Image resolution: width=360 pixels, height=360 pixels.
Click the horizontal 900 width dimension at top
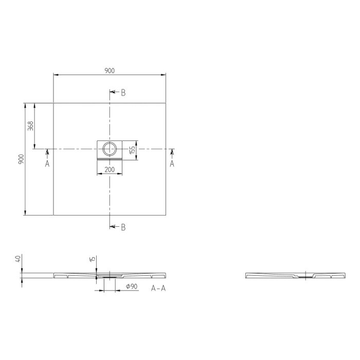coord(109,71)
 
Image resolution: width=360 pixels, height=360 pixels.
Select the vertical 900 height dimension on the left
coord(21,159)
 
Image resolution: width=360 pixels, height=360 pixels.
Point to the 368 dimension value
coord(30,126)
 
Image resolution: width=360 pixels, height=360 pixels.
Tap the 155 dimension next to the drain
coord(132,150)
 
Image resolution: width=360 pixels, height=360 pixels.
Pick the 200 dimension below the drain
coord(110,169)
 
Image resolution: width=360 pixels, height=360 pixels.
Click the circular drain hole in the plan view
coord(110,150)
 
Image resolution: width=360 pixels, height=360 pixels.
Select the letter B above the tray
coord(123,93)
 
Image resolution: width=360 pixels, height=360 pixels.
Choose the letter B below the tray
coord(123,227)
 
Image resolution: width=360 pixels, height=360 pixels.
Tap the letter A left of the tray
coord(47,164)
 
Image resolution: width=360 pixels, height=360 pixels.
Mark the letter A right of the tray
coord(172,164)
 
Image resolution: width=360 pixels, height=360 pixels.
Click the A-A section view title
coord(158,289)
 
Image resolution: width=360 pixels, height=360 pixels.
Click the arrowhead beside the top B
coord(113,93)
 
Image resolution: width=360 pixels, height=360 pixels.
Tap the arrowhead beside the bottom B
coord(113,227)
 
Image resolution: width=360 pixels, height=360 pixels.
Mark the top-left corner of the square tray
coord(53,103)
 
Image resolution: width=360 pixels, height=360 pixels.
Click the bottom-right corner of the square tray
coord(166,215)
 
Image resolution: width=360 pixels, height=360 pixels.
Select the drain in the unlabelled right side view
coord(305,277)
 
